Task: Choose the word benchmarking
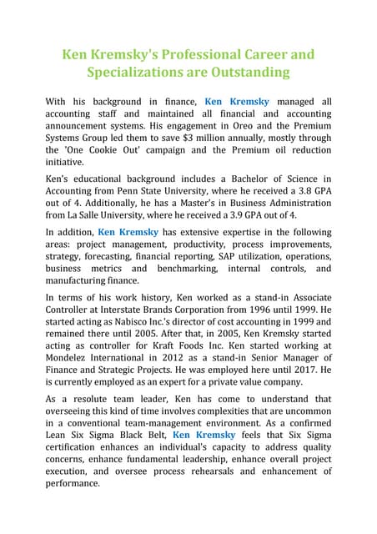tap(184, 270)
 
